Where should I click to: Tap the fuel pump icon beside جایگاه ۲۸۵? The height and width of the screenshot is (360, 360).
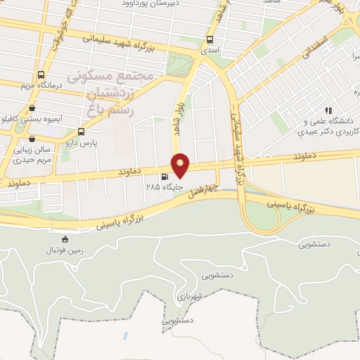[165, 177]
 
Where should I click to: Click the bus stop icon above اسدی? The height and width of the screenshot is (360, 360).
[210, 40]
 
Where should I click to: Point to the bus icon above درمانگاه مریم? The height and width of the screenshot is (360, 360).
[41, 75]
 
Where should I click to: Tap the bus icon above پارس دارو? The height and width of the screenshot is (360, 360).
[81, 131]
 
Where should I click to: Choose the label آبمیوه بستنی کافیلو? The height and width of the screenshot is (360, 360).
[32, 120]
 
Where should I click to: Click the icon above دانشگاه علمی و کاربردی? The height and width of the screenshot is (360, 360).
[328, 110]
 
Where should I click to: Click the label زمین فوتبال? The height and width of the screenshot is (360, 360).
[65, 250]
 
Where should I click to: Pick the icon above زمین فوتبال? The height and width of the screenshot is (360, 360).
[65, 239]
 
